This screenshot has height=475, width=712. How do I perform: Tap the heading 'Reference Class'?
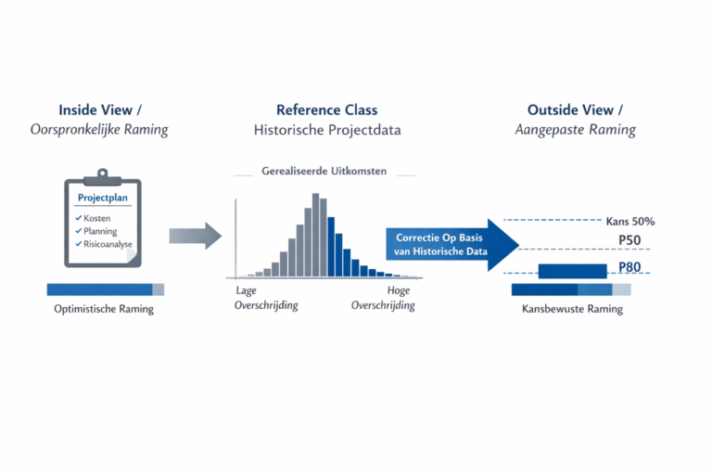pyautogui.click(x=327, y=109)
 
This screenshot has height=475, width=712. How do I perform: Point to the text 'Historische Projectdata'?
pyautogui.click(x=327, y=130)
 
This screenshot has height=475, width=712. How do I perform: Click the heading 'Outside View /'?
pyautogui.click(x=575, y=109)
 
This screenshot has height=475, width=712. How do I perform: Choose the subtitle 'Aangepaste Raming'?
pyautogui.click(x=575, y=130)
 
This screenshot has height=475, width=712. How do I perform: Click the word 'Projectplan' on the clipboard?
pyautogui.click(x=103, y=199)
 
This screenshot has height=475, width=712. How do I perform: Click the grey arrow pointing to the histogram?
pyautogui.click(x=195, y=237)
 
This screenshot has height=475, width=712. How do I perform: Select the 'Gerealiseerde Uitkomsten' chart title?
pyautogui.click(x=324, y=173)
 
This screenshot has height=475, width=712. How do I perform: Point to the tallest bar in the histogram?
pyautogui.click(x=316, y=236)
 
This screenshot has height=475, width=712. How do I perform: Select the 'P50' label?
pyautogui.click(x=631, y=240)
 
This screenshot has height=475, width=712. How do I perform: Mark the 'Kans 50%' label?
pyautogui.click(x=629, y=222)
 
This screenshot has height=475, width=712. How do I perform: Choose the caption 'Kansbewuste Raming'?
pyautogui.click(x=571, y=309)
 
